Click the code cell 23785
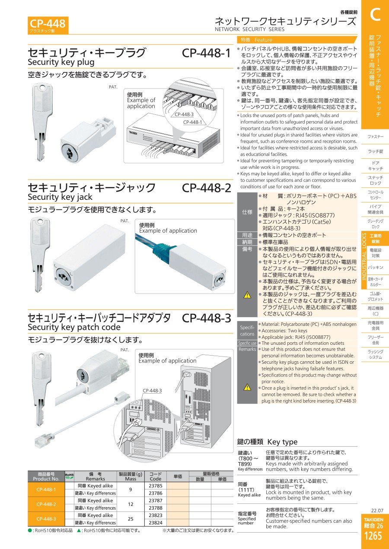[x=155, y=486]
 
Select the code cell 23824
[x=155, y=523]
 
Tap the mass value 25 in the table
[x=131, y=519]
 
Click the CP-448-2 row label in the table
[x=46, y=504]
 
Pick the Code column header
[x=155, y=476]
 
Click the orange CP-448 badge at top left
[x=48, y=25]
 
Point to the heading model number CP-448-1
[x=206, y=53]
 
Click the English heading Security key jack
[x=60, y=197]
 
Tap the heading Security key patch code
[x=74, y=327]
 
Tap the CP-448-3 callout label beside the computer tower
[x=152, y=391]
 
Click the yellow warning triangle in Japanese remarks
[x=247, y=295]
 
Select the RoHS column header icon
[x=69, y=476]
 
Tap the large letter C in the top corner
[x=375, y=14]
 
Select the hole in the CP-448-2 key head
[x=41, y=222]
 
